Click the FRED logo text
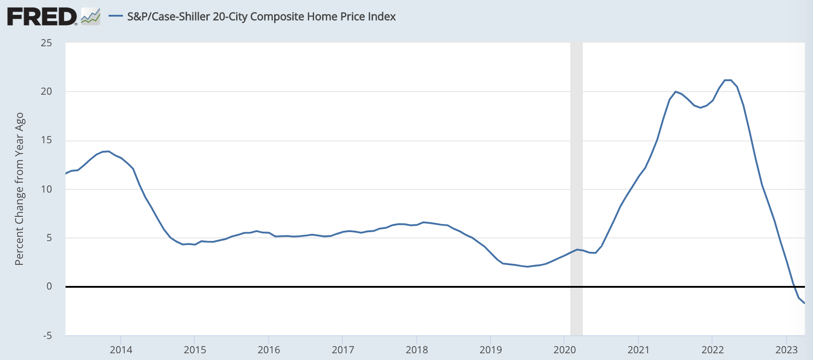[42, 17]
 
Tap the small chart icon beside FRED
[91, 17]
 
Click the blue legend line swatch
[116, 17]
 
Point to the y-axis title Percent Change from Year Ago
[19, 189]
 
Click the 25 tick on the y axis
[46, 43]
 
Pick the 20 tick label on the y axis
[46, 92]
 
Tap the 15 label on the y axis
[46, 140]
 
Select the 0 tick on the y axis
[49, 286]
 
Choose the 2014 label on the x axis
[121, 350]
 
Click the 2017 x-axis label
[343, 350]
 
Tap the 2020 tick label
[564, 350]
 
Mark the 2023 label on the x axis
[786, 350]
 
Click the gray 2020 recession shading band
[576, 180]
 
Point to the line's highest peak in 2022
[728, 80]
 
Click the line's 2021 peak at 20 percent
[675, 92]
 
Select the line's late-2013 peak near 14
[108, 151]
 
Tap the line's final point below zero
[804, 303]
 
